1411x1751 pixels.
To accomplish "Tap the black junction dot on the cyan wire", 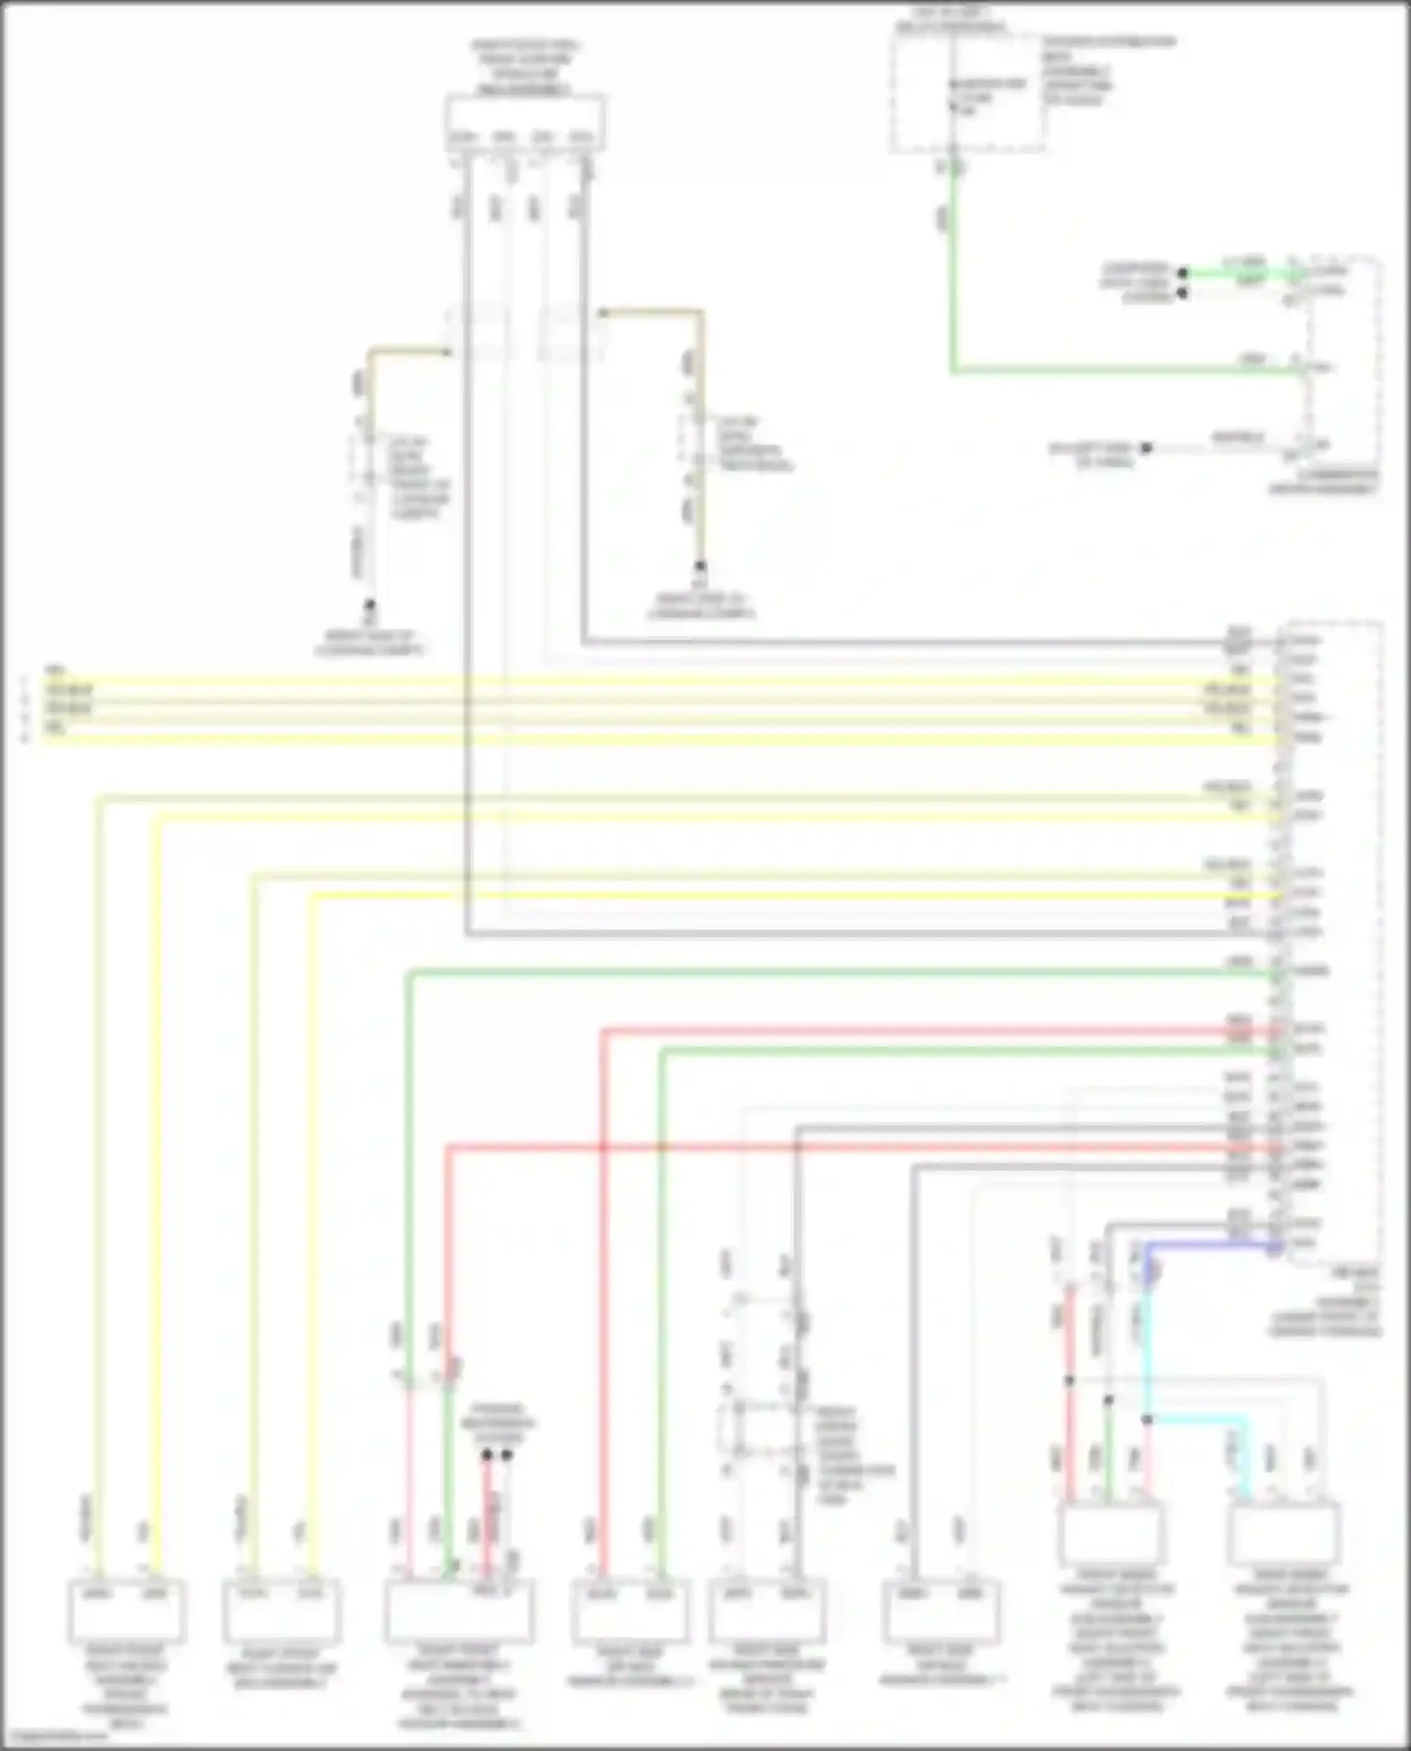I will pyautogui.click(x=1147, y=1419).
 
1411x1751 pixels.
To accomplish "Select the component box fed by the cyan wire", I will pyautogui.click(x=1283, y=1535).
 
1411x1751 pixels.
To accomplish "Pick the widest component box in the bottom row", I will pyautogui.click(x=459, y=1611).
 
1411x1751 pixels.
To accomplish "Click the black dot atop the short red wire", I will pyautogui.click(x=486, y=1456).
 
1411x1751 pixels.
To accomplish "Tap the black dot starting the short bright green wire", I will pyautogui.click(x=1183, y=273).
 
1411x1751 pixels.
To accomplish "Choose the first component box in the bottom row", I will pyautogui.click(x=127, y=1611).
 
